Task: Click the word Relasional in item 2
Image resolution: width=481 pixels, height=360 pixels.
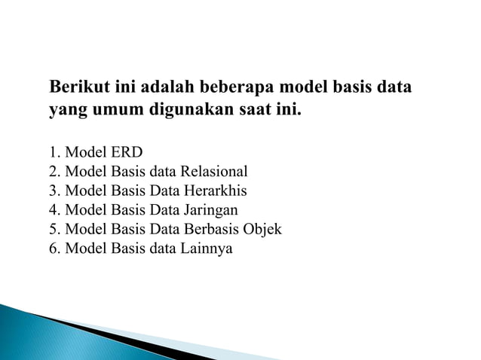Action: pos(213,171)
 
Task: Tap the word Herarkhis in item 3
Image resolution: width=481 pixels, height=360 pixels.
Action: pos(214,190)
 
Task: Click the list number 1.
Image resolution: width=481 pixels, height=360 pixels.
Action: pos(53,151)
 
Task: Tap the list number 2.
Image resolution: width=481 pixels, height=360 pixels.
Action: pos(53,171)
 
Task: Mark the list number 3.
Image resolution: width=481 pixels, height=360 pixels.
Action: pos(53,190)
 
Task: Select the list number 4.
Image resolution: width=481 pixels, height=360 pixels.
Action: pos(53,209)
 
